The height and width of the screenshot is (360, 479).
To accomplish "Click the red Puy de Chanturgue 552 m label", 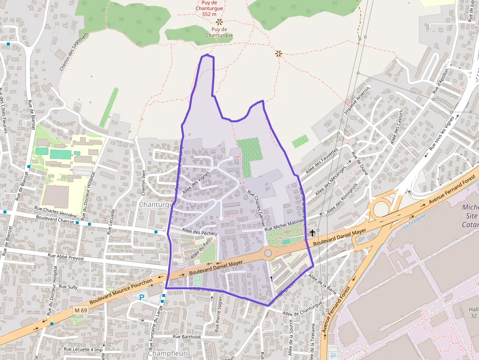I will coord(209,8).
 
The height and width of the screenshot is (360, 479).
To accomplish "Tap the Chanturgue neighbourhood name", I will coord(158,205).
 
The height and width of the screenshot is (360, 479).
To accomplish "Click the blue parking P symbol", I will coord(142,296).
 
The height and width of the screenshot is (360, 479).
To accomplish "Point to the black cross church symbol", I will coord(312,233).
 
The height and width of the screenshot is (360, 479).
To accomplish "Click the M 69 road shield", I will coord(81,310).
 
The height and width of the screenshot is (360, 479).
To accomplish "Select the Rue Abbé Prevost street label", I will coord(66,256).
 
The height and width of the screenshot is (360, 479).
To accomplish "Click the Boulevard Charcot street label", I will coord(55,221).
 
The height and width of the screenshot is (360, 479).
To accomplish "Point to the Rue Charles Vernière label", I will coord(56,212).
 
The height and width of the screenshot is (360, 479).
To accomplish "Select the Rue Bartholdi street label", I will coord(187,337).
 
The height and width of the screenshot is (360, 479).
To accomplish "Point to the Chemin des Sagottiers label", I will coord(73,52).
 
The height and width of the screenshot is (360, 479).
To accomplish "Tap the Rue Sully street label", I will coord(68,287).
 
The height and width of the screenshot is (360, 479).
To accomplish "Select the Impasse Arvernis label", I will coord(357,100).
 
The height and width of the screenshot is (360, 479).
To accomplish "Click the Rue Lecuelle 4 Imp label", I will coord(83,349).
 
